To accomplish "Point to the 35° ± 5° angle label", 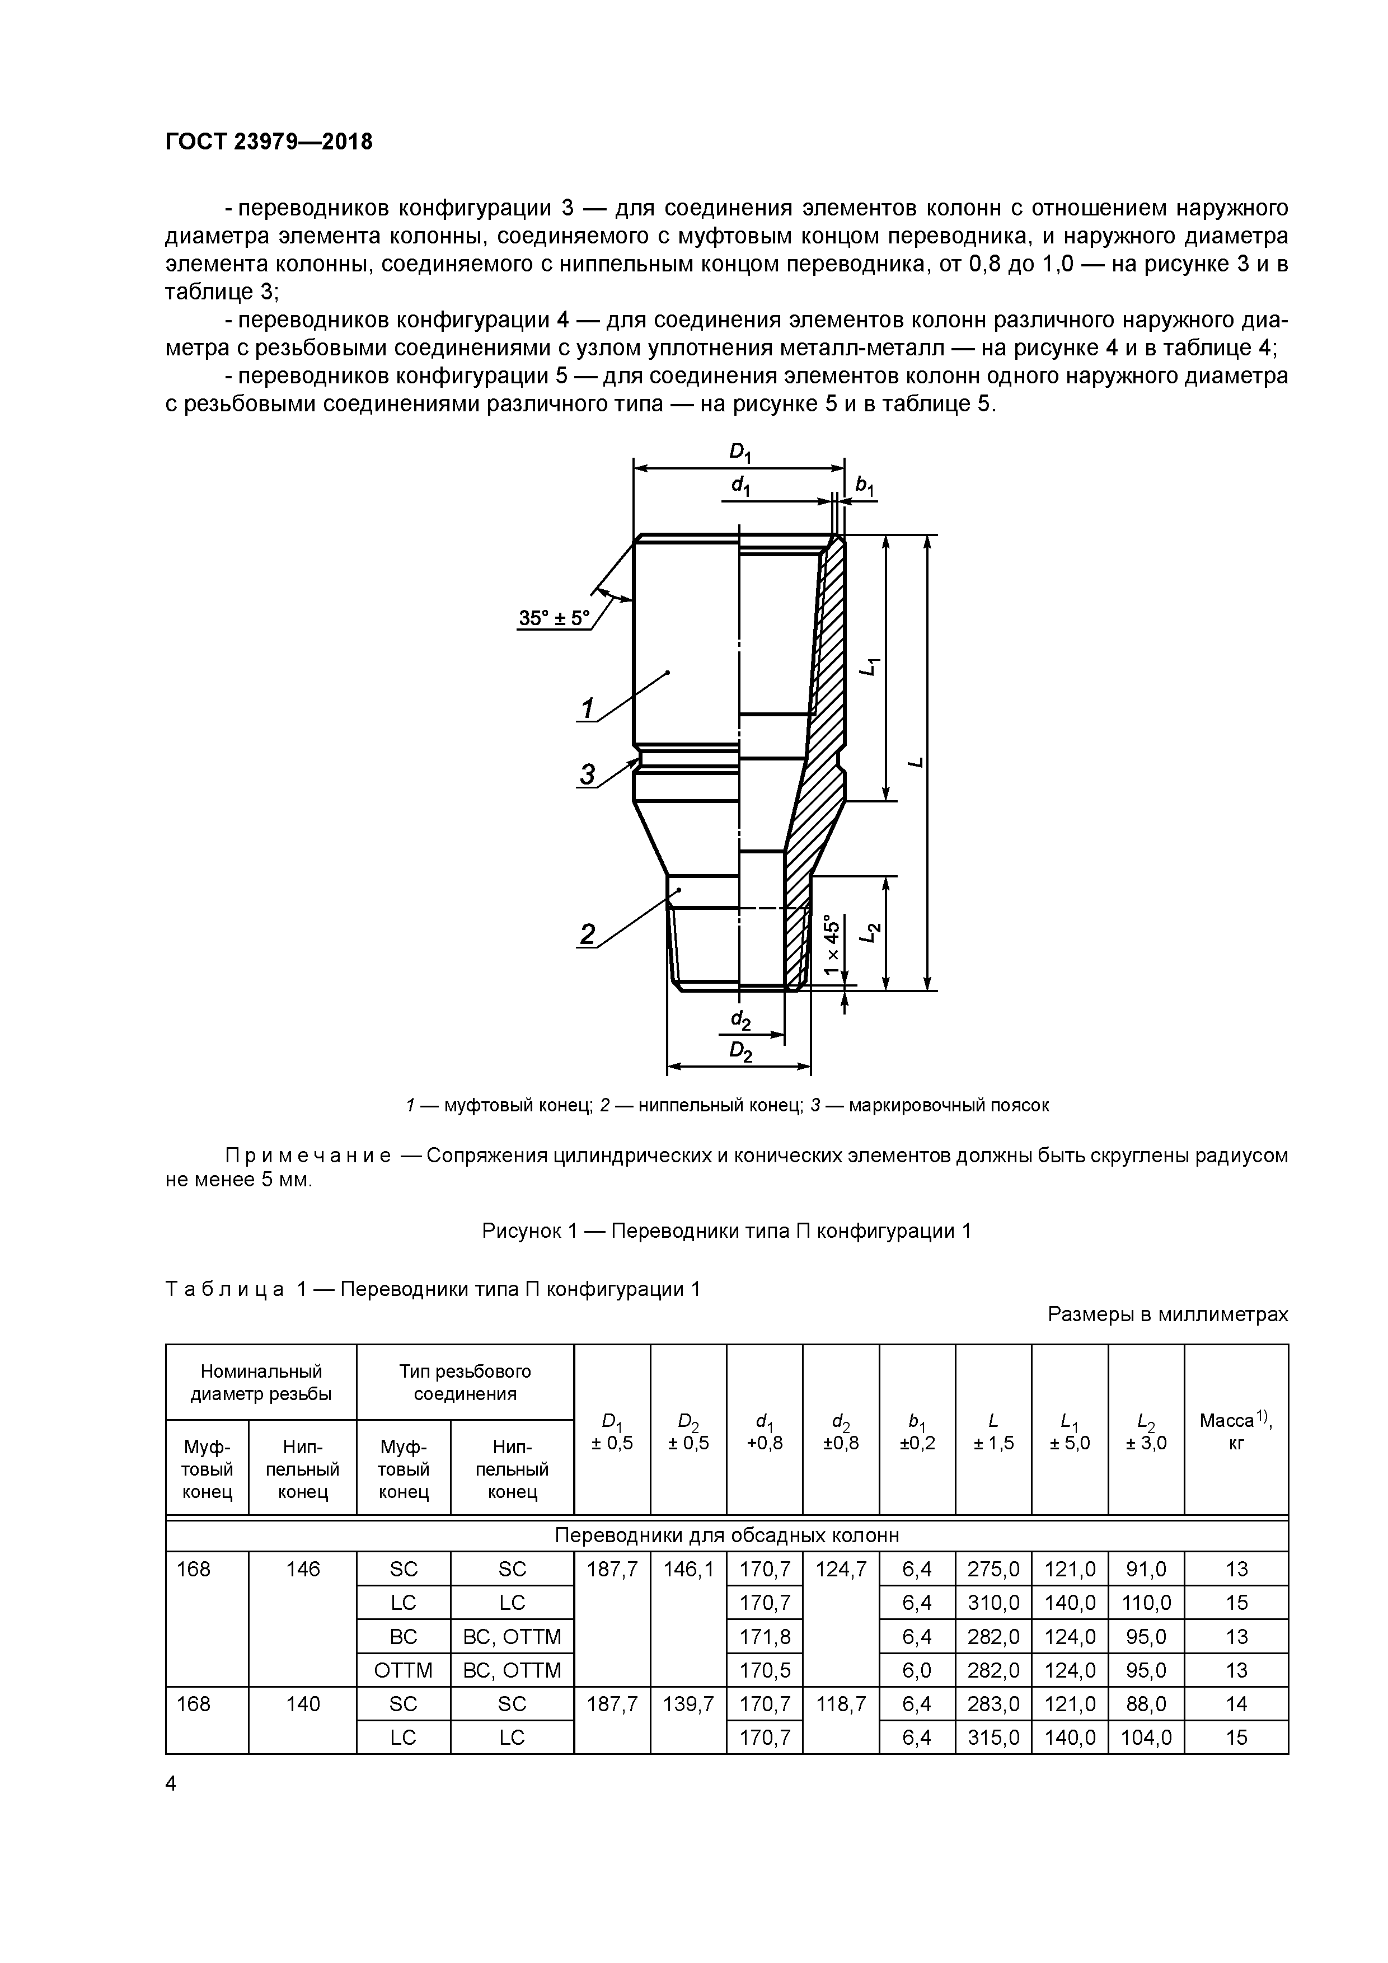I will pos(554,617).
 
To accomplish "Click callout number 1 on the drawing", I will pos(588,709).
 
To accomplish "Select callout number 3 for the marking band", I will pos(588,774).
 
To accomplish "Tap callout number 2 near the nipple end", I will pos(588,934).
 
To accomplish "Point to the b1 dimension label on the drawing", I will pos(865,486).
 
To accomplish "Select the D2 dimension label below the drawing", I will pos(740,1053).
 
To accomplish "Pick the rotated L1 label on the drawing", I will pos(869,667).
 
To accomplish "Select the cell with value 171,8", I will pos(765,1636).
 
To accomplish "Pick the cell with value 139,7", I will pos(688,1704).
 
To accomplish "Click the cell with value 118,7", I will pos(841,1704).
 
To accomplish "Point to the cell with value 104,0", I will pos(1146,1737).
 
